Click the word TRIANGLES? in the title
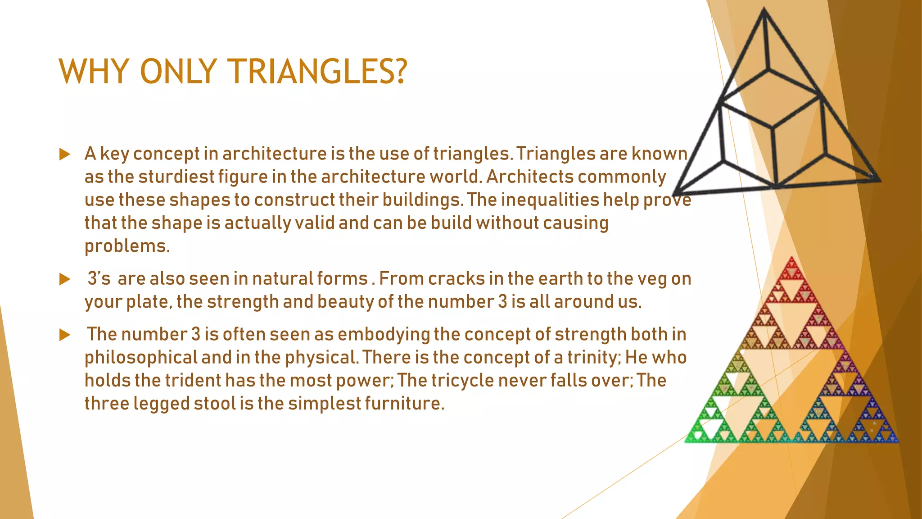[317, 72]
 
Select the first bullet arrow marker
[65, 155]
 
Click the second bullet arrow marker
[65, 279]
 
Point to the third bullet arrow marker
[65, 335]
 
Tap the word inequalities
[549, 200]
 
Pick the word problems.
[127, 246]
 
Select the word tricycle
[462, 381]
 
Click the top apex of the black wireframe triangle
[764, 10]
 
